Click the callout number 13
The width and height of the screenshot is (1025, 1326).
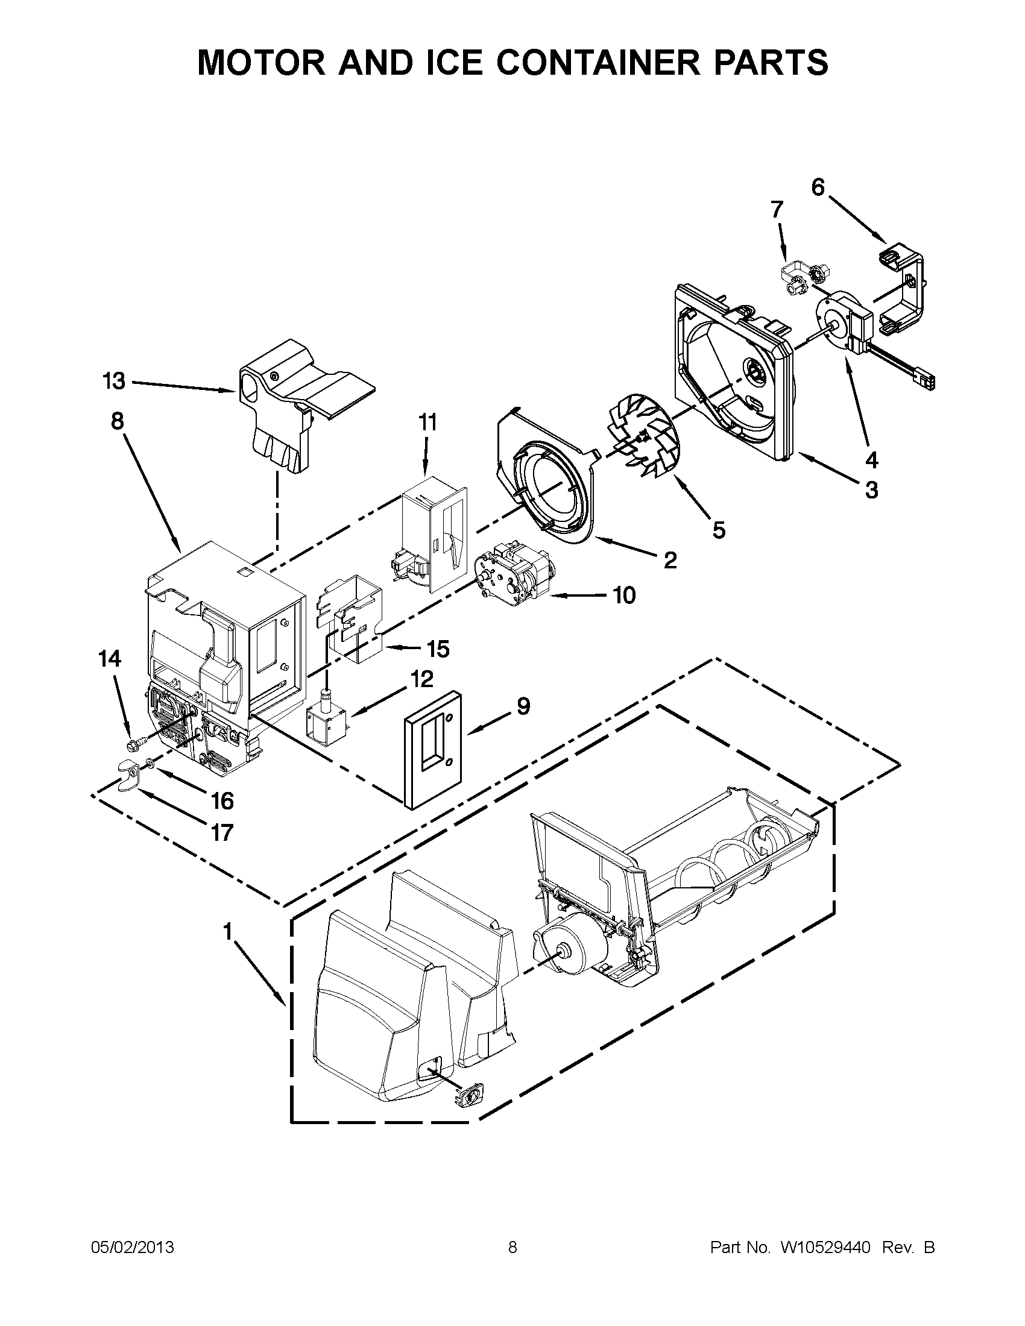tap(113, 382)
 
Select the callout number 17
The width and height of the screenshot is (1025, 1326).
tap(222, 831)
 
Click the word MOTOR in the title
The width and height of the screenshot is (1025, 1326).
tap(263, 63)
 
